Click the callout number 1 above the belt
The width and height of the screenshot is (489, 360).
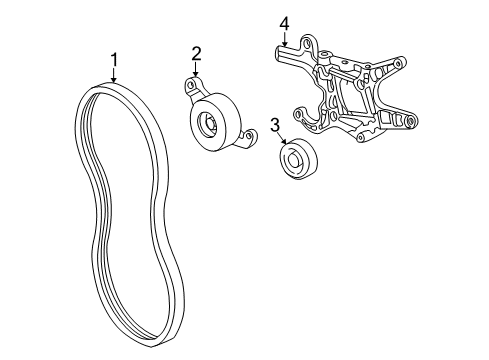coord(114,60)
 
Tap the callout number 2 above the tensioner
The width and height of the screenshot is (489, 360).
coord(196,54)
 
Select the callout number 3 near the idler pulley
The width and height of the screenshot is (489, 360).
coord(275,125)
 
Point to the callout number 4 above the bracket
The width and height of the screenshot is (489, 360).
coord(284,24)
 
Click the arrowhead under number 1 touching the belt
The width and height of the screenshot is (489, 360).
coord(114,80)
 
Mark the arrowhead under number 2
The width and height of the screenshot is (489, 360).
coord(195,74)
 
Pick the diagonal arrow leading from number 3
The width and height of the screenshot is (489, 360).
coord(281,138)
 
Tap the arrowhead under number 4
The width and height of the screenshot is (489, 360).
coord(284,43)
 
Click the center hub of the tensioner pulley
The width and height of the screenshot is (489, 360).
coord(210,124)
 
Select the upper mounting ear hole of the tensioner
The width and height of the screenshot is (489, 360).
coord(191,85)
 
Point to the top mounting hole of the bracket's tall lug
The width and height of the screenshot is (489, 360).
coord(307,42)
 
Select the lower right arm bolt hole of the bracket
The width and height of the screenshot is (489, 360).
coord(410,121)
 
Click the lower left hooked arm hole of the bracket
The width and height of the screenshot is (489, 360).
coord(298,114)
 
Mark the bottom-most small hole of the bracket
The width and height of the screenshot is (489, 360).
coord(360,137)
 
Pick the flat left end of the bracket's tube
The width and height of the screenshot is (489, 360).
coord(279,53)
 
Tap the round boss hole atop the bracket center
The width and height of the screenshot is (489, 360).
coord(323,55)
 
